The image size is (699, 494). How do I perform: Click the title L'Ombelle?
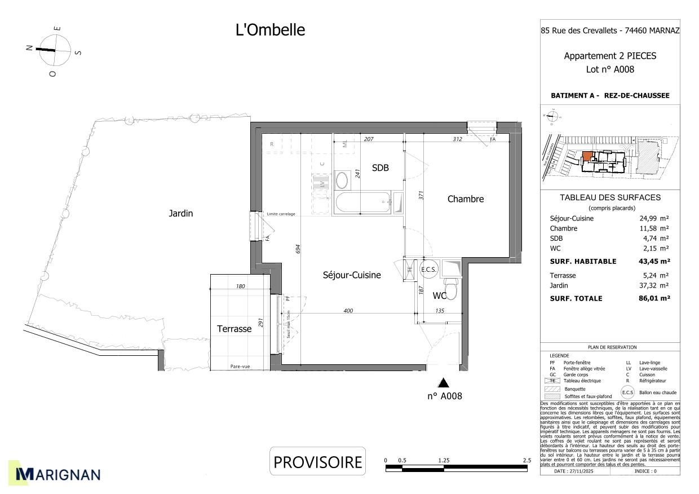tap(270, 30)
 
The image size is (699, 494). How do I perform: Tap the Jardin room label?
tap(180, 213)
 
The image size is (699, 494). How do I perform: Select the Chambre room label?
tap(466, 199)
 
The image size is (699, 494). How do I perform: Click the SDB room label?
tap(380, 168)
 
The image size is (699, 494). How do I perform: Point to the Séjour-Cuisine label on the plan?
tap(352, 275)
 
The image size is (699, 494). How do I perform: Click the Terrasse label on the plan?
tap(234, 329)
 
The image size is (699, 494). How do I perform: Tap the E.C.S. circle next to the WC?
tap(429, 270)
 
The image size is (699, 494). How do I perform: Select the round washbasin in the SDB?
tap(342, 180)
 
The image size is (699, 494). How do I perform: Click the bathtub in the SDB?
tap(362, 202)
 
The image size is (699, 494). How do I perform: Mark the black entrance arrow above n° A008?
tap(444, 383)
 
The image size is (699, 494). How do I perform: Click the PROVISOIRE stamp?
tap(317, 462)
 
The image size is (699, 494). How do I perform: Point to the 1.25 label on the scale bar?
tap(444, 461)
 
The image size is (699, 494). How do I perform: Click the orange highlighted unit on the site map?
tap(587, 156)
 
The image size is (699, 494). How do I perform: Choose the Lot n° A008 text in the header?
tap(610, 70)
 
